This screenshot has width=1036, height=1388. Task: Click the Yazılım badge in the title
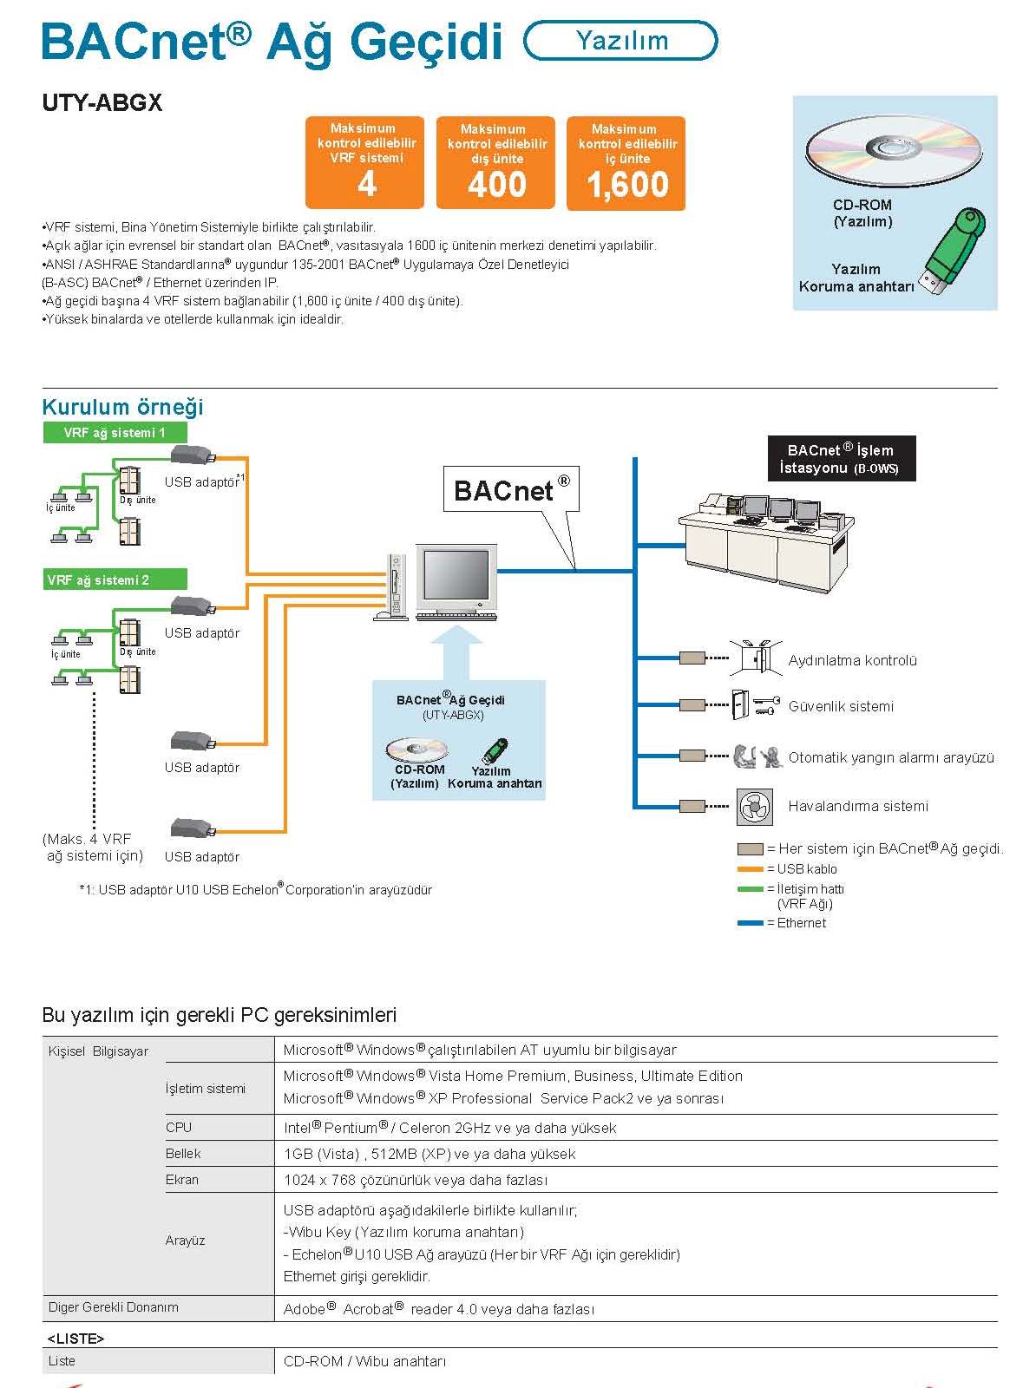pos(621,41)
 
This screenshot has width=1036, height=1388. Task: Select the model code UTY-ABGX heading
pos(102,103)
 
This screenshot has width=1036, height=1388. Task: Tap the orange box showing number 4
pos(365,163)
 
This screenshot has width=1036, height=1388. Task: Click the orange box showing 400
pos(495,163)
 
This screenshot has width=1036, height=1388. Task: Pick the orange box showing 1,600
pos(626,163)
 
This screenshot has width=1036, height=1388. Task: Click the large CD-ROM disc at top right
pos(894,150)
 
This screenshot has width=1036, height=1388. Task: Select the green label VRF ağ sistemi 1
pos(115,433)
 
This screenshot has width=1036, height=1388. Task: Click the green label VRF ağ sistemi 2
pos(115,579)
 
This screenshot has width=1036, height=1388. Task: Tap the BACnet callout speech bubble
pos(511,491)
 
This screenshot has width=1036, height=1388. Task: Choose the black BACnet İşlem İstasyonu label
pos(841,458)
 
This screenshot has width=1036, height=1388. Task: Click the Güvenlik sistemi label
pos(840,706)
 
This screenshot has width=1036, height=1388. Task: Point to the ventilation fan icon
pos(754,807)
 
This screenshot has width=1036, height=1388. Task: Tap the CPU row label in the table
pos(179,1128)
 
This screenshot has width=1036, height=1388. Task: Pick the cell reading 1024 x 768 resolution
pos(416,1180)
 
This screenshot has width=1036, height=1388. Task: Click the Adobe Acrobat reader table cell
pos(438,1309)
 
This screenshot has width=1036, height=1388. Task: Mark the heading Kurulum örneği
pos(122,407)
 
